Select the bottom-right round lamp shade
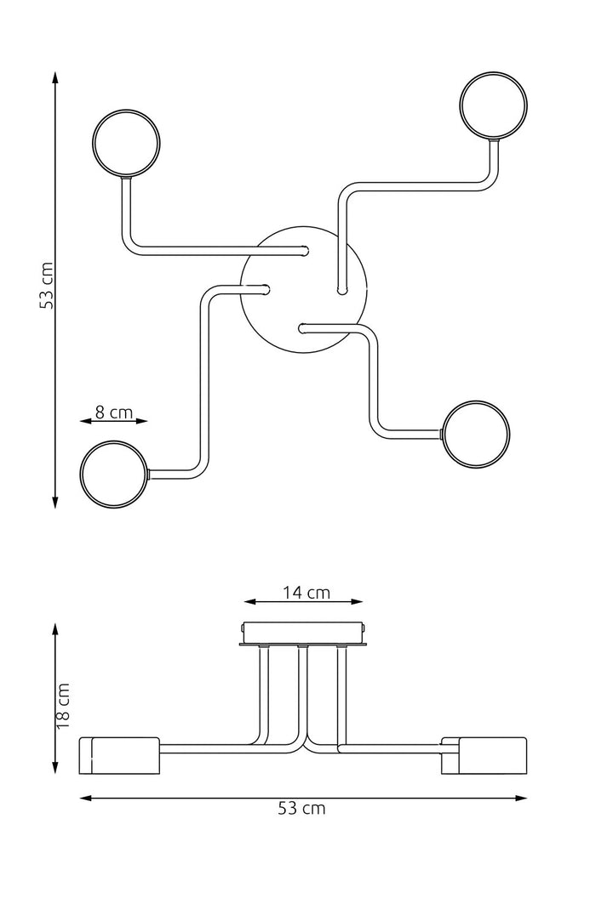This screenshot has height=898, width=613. pyautogui.click(x=478, y=435)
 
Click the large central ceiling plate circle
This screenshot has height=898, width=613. pyautogui.click(x=304, y=288)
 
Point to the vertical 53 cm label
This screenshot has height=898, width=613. pyautogui.click(x=48, y=285)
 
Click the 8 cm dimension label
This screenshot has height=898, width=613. pyautogui.click(x=113, y=412)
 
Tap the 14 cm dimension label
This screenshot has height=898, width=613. pyautogui.click(x=306, y=593)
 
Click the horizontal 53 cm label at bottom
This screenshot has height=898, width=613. pyautogui.click(x=302, y=809)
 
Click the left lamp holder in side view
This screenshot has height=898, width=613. pyautogui.click(x=119, y=755)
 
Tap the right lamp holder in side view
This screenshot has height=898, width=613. pyautogui.click(x=484, y=755)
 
